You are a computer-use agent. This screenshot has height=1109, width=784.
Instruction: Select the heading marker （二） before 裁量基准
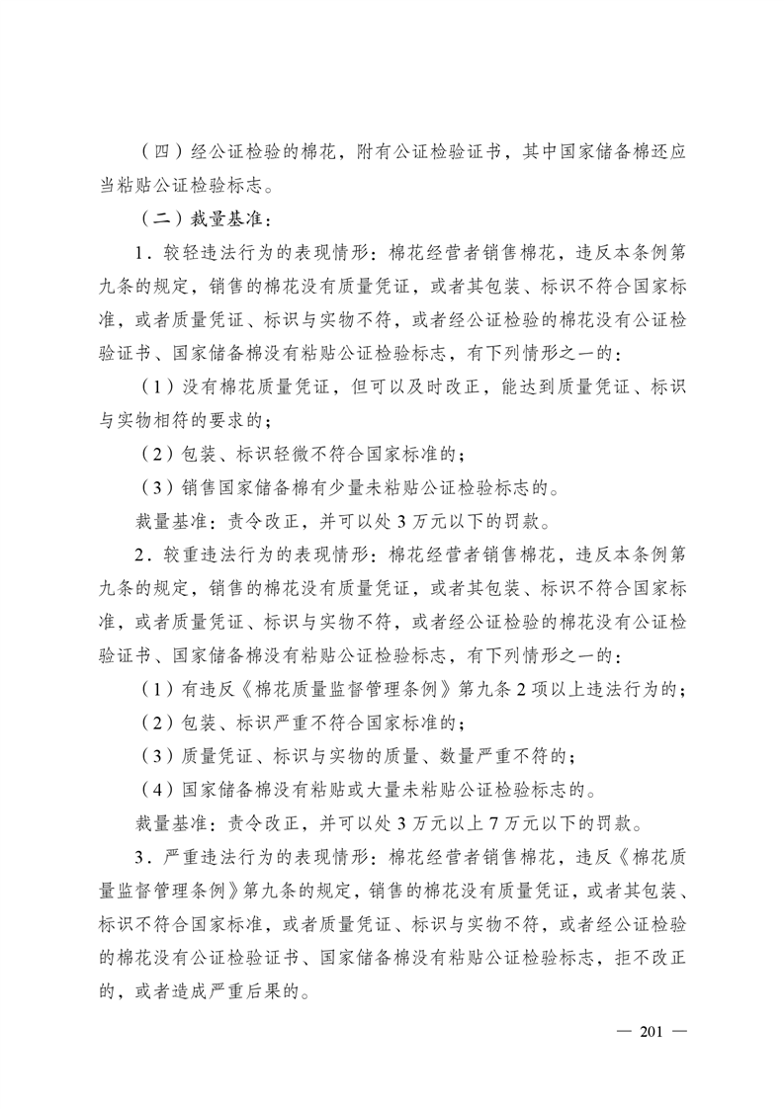pyautogui.click(x=155, y=217)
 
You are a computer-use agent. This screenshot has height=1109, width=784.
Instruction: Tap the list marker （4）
pyautogui.click(x=155, y=787)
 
